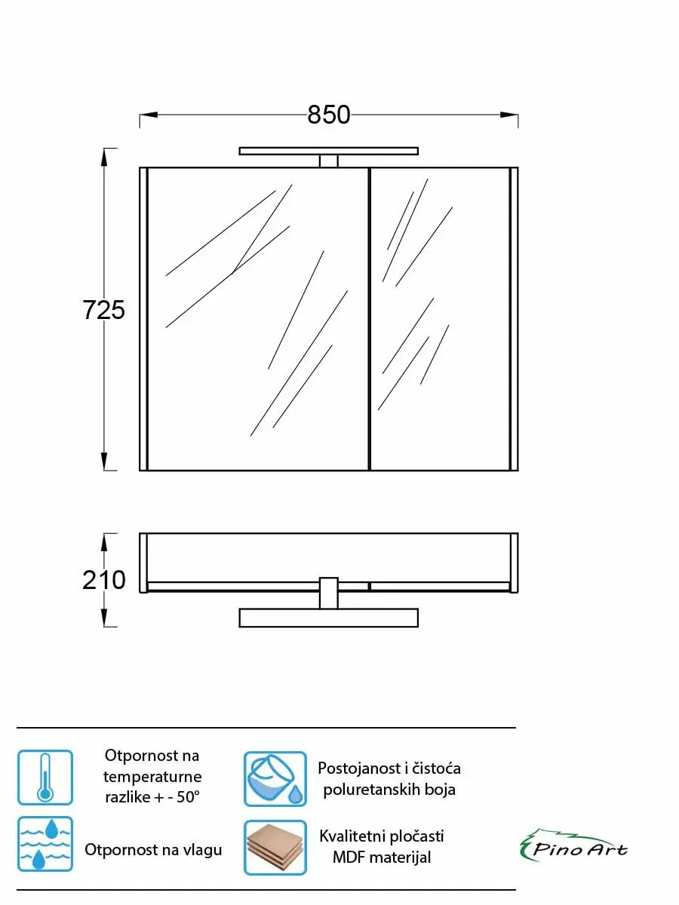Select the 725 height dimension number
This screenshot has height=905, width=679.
[103, 310]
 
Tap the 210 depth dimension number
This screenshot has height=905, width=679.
[103, 580]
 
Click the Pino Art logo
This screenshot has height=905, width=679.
[574, 845]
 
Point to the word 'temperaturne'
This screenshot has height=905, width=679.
[152, 778]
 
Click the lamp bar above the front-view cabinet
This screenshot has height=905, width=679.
[329, 151]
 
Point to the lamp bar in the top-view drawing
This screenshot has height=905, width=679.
[329, 618]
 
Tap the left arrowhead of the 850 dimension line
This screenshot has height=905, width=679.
[149, 114]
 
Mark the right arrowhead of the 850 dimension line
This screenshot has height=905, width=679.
[509, 114]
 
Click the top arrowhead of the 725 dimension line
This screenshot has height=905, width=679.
[104, 158]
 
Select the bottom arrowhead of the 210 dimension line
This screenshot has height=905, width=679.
[104, 617]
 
